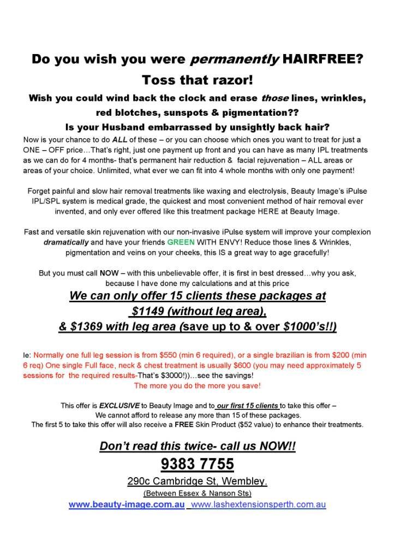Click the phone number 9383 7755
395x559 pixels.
(x=197, y=464)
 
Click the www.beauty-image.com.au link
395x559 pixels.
(x=127, y=504)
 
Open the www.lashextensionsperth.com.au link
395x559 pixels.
(x=259, y=504)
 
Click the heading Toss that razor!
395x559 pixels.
(x=197, y=80)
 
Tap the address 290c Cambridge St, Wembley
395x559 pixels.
(x=197, y=482)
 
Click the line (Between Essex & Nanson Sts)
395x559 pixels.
(x=197, y=494)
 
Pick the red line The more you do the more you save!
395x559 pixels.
(x=197, y=386)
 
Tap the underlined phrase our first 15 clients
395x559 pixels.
(x=248, y=406)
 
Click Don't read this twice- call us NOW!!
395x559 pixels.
(x=197, y=445)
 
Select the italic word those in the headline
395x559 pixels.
(x=275, y=99)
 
